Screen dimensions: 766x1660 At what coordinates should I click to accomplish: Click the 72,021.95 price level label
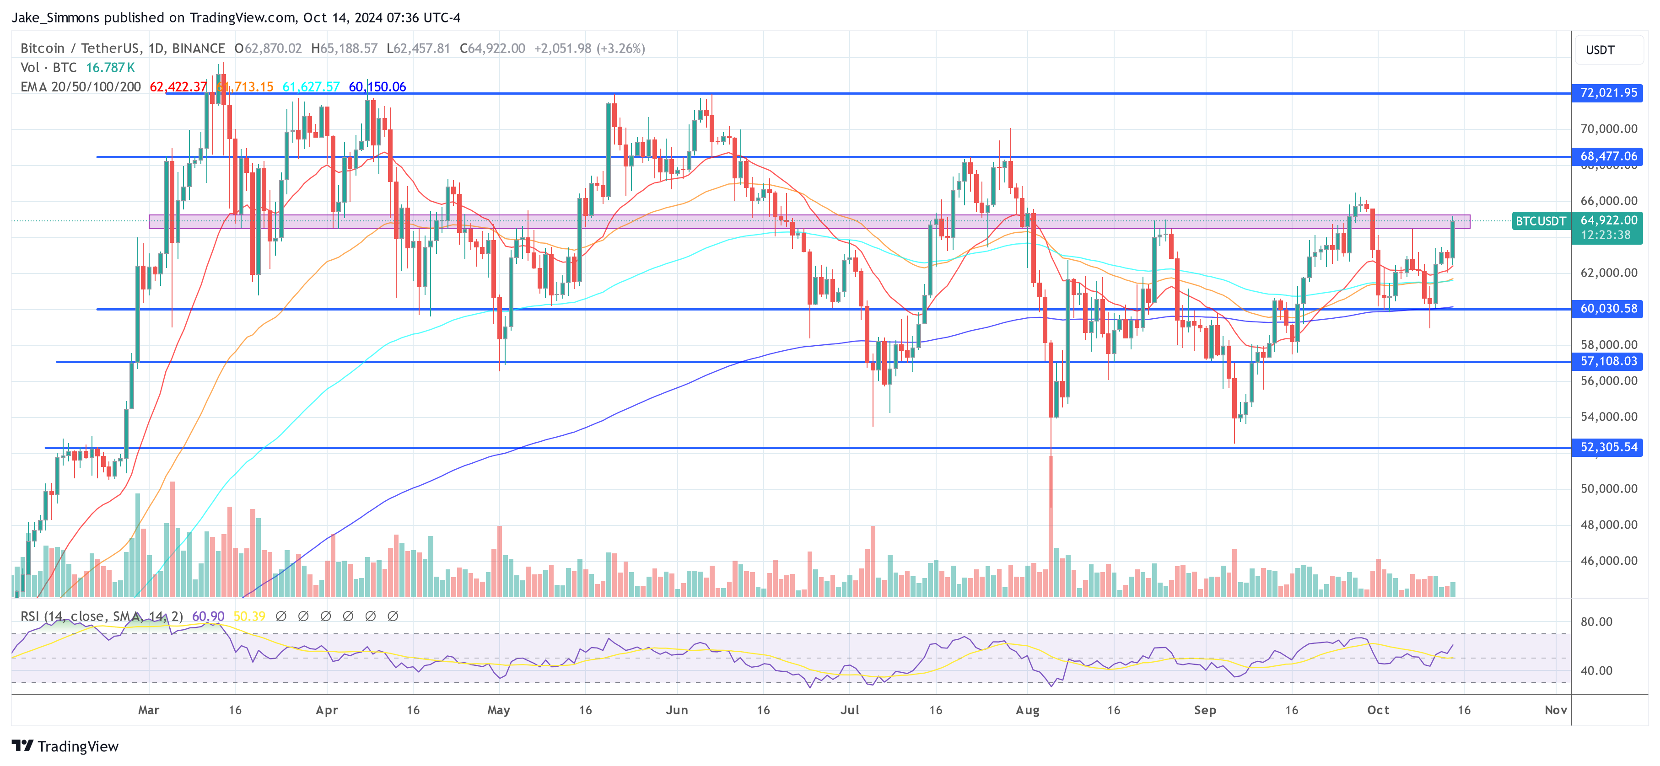click(1608, 93)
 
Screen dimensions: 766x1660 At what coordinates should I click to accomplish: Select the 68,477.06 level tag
click(1608, 156)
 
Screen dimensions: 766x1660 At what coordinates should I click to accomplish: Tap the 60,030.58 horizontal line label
click(1608, 309)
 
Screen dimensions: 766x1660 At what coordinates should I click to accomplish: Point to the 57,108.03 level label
click(1608, 361)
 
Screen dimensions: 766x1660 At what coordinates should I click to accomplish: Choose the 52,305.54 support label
click(1608, 447)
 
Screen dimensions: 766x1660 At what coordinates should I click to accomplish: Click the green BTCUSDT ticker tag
click(1540, 221)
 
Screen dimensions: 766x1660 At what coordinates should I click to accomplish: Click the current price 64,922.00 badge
click(1608, 220)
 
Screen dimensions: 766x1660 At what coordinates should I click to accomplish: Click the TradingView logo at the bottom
click(65, 746)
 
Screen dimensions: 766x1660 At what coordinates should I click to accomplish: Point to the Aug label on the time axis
click(1027, 710)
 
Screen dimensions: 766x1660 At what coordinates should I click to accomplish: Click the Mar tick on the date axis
click(148, 710)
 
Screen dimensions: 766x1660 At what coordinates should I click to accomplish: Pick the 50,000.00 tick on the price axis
click(1608, 488)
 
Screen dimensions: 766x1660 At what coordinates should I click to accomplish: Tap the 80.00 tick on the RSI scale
click(1596, 621)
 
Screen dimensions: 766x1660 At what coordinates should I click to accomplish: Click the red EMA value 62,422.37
click(178, 87)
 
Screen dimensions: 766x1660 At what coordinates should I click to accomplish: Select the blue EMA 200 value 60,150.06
click(377, 87)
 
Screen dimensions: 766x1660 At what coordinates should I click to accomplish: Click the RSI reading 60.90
click(208, 616)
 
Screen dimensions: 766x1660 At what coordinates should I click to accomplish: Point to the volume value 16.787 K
click(110, 68)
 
